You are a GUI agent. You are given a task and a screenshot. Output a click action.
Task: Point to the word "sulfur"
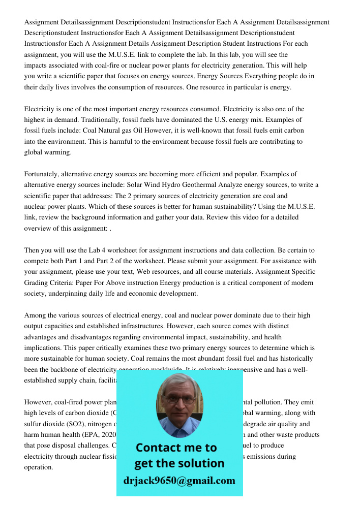33,424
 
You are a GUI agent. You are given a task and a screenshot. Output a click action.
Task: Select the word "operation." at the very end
39,467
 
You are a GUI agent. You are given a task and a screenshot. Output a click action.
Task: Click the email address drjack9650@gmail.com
179,480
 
